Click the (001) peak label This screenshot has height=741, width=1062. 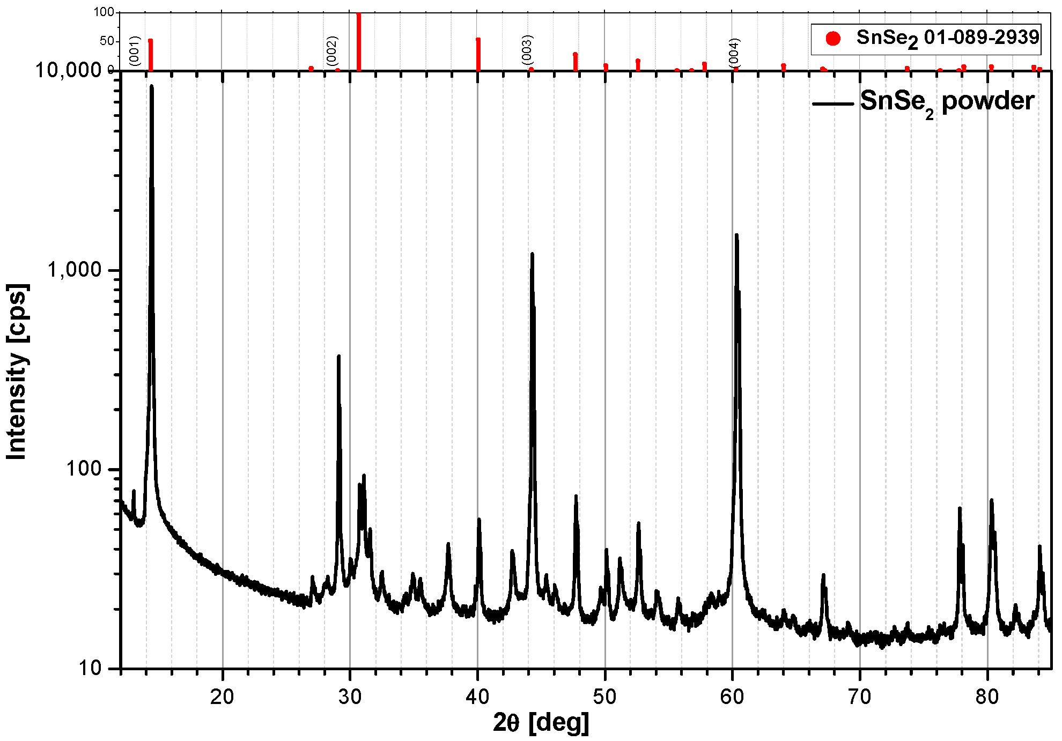pos(135,51)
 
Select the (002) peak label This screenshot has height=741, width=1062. pos(332,50)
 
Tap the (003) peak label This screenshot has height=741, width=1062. pos(527,50)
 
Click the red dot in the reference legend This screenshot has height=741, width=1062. pos(833,39)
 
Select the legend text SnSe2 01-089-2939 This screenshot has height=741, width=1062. pos(948,38)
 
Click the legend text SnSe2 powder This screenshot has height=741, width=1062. pos(947,102)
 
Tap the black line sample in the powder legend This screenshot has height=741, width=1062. pos(833,103)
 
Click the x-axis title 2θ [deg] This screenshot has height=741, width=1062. pos(541,723)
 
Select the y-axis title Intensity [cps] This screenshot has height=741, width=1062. pos(17,371)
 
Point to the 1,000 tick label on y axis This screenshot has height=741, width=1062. pos(75,270)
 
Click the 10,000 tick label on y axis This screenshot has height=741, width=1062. pos(69,70)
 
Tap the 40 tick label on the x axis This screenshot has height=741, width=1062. pos(477,696)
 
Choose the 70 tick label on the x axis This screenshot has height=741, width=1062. pos(860,696)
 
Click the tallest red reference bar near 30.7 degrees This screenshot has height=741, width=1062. pos(359,42)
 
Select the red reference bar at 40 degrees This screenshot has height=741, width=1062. pos(478,54)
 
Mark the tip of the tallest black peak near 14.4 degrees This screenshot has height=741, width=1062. pos(152,86)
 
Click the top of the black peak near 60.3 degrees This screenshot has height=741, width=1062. pos(736,235)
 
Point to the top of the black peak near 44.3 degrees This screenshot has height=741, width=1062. pos(532,254)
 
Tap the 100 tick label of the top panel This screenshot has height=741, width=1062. pos(104,12)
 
